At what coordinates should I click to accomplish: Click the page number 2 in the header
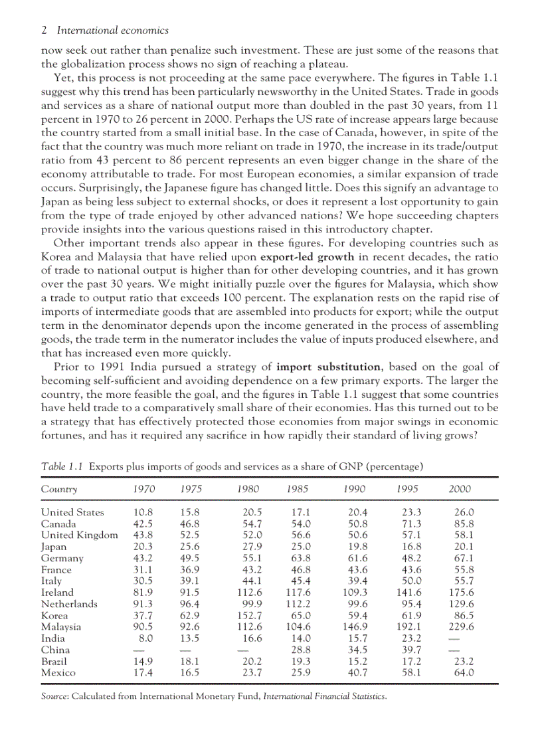pos(44,30)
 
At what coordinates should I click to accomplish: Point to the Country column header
pos(59,490)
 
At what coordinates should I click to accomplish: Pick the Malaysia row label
pos(61,626)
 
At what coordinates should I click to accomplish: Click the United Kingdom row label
pos(79,535)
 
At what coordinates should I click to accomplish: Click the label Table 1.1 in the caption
pos(62,466)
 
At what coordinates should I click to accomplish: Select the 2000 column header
pos(459,490)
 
